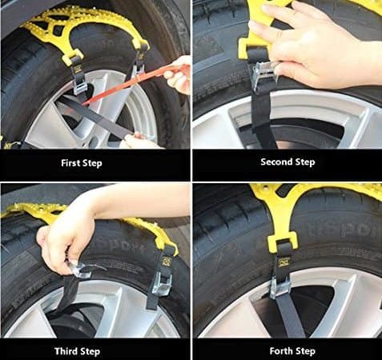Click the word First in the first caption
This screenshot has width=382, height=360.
70,162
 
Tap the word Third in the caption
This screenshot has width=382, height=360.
65,351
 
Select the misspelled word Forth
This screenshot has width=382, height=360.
279,351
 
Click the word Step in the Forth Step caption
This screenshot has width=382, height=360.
304,351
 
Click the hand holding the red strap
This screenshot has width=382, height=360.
179,74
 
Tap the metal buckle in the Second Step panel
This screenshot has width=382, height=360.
264,78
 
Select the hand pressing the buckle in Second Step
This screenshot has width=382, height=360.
315,46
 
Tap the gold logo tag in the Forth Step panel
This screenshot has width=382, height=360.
283,262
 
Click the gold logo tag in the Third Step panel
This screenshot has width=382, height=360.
167,261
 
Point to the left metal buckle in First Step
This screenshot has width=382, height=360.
79,85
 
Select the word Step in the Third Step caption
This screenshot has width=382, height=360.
89,351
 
